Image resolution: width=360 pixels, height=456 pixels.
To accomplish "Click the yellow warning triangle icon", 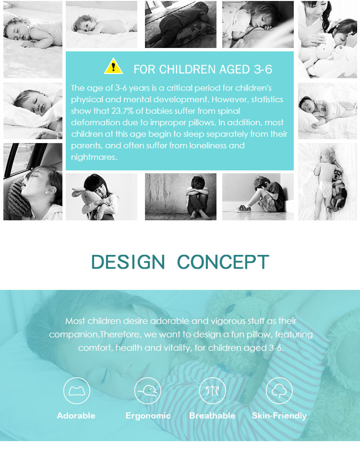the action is tap(113, 66).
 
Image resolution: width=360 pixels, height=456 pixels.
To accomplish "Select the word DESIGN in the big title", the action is tap(128, 262).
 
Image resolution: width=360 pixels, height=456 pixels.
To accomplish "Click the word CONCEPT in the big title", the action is tap(223, 262).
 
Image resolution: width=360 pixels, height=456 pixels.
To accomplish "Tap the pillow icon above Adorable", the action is tap(76, 391).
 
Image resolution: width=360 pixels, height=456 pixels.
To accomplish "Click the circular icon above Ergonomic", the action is tap(148, 391).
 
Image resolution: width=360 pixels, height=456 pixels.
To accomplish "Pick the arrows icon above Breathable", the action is tap(212, 391).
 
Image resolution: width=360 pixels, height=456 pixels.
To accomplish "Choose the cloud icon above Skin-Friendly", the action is tap(279, 391).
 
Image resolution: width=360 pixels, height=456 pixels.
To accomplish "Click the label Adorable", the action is tap(76, 416).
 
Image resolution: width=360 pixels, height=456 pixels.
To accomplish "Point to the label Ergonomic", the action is tap(148, 416).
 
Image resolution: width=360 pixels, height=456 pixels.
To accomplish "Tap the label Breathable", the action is tap(212, 416).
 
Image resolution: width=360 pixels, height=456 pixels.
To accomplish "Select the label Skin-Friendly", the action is tap(279, 416).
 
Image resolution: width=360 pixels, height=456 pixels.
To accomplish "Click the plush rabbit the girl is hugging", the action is tap(89, 202).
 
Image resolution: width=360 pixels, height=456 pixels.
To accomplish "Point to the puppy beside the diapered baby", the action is tap(337, 189).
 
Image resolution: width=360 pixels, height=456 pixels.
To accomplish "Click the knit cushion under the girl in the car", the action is tap(18, 198).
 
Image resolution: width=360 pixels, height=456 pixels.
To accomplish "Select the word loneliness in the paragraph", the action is tap(208, 145).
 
